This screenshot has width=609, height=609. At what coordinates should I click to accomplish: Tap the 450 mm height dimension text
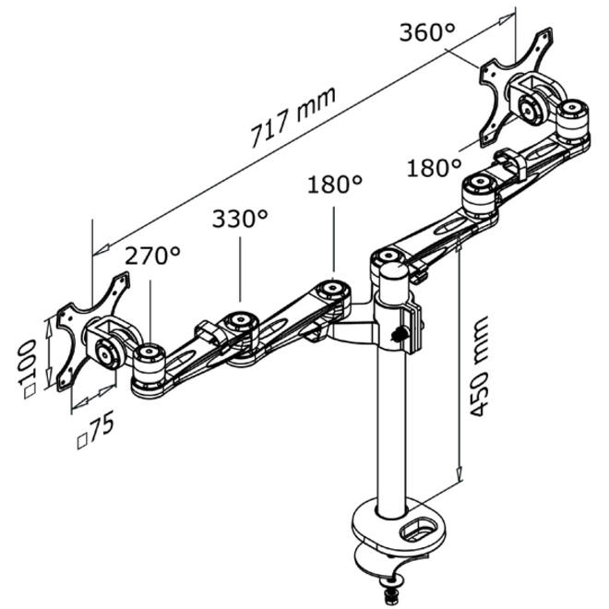pos(478,366)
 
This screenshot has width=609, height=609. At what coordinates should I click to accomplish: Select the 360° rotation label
pos(426,32)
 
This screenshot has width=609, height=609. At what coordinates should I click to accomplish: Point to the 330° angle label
pos(240,219)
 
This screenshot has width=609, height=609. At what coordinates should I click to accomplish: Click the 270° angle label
pos(152,256)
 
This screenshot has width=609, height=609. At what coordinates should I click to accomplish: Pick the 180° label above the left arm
pos(335,184)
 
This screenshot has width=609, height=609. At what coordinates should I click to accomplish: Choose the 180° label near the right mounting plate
pos(434,168)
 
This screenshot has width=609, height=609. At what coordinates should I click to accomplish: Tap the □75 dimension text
pos(96,430)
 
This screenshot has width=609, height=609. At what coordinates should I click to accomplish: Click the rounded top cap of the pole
pos(393,270)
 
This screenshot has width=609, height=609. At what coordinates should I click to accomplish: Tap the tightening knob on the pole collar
pos(397,334)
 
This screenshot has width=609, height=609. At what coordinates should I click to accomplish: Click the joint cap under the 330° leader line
pos(241,321)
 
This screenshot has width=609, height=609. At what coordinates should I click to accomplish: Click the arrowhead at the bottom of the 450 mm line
pos(460,473)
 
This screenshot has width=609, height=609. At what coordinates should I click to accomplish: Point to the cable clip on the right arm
pos(509,162)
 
